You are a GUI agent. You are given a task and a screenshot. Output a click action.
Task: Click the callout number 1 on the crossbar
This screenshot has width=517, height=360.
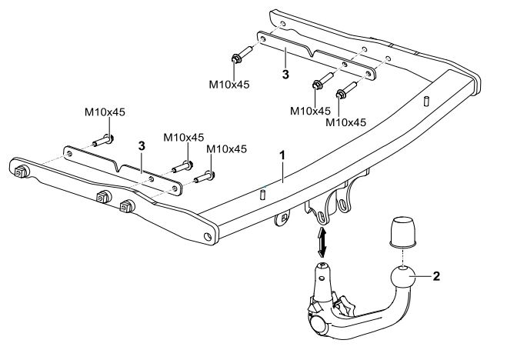click(282, 155)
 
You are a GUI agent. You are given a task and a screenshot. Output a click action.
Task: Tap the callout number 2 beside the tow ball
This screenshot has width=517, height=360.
click(436, 276)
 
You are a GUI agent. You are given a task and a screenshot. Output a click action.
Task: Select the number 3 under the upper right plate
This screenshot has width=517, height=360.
click(285, 75)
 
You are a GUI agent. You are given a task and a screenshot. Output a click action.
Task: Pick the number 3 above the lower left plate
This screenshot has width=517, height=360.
click(142, 145)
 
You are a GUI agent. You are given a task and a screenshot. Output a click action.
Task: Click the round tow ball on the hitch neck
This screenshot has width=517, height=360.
click(402, 278)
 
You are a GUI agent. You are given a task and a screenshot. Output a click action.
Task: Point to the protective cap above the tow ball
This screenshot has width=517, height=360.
click(403, 232)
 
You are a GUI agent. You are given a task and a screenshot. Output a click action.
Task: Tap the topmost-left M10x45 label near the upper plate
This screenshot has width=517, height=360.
click(229, 85)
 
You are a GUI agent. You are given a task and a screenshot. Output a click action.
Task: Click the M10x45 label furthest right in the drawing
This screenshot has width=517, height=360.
click(346, 122)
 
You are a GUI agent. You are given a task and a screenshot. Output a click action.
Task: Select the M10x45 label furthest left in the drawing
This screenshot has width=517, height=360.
click(105, 112)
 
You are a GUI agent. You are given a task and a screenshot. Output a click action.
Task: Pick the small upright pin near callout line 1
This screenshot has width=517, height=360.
click(263, 193)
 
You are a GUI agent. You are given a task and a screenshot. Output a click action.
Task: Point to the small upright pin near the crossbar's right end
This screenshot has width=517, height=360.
click(426, 102)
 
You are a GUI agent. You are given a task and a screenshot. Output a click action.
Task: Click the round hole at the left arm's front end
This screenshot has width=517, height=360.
click(208, 236)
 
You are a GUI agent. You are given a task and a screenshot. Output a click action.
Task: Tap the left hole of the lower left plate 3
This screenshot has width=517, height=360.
click(69, 154)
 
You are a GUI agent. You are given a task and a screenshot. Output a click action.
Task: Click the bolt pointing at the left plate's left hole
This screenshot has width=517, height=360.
click(103, 141)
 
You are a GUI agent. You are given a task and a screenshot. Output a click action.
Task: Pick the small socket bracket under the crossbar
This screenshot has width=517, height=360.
click(282, 218)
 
